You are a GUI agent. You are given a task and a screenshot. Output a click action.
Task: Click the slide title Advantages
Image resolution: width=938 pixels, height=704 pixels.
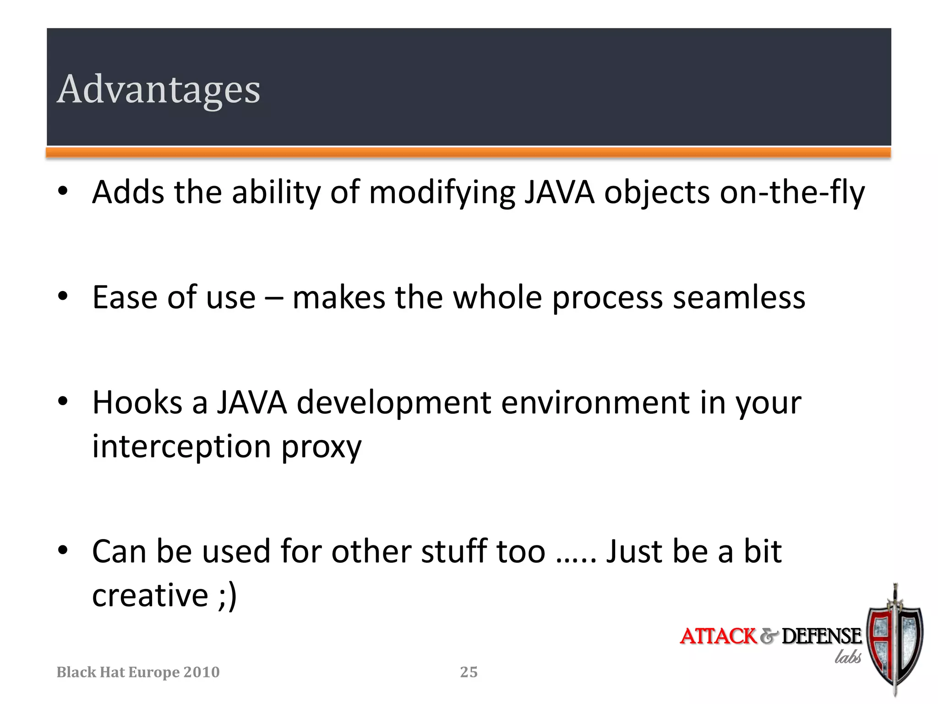pyautogui.click(x=158, y=89)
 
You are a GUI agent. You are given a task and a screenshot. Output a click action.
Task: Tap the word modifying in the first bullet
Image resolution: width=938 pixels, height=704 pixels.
pyautogui.click(x=441, y=192)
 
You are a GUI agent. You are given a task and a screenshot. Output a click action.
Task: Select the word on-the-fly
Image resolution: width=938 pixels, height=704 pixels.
pyautogui.click(x=792, y=192)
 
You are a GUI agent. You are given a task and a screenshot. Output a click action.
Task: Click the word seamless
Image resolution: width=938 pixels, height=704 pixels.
pyautogui.click(x=739, y=298)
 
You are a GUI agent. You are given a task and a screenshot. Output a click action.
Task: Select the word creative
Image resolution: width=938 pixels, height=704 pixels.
pyautogui.click(x=150, y=595)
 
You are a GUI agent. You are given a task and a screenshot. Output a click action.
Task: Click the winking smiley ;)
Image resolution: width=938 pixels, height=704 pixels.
pyautogui.click(x=228, y=595)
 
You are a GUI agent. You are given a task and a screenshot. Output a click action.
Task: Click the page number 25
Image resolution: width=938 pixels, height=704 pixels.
pyautogui.click(x=469, y=672)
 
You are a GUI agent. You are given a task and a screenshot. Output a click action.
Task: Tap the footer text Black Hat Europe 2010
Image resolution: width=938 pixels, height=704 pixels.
pyautogui.click(x=138, y=672)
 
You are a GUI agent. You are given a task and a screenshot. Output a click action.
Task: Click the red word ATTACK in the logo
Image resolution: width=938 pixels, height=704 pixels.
pyautogui.click(x=718, y=637)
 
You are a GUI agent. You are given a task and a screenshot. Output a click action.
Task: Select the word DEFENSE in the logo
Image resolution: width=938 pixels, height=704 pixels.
pyautogui.click(x=821, y=637)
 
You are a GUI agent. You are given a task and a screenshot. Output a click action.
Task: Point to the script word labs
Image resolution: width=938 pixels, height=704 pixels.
pyautogui.click(x=848, y=657)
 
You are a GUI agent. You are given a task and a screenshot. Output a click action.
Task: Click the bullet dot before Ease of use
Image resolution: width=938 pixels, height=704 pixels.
pyautogui.click(x=63, y=297)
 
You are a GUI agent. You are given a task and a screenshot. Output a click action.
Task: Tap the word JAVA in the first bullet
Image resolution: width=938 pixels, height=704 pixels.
pyautogui.click(x=559, y=192)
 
